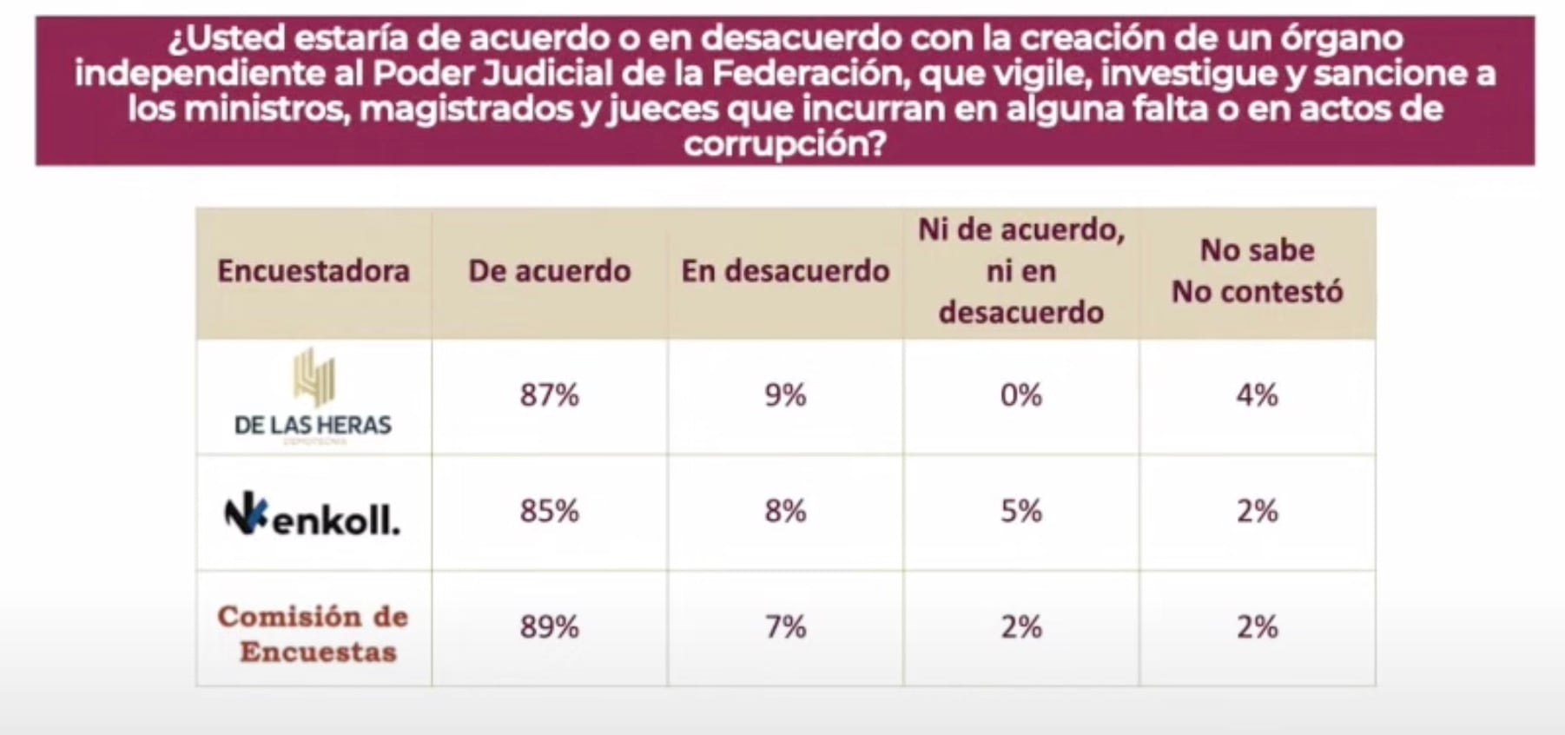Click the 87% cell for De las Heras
pyautogui.click(x=549, y=395)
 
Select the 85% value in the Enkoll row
pyautogui.click(x=549, y=511)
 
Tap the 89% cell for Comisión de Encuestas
pyautogui.click(x=549, y=626)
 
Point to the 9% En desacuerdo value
pyautogui.click(x=785, y=395)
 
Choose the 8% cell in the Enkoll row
pyautogui.click(x=785, y=511)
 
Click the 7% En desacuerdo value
pyautogui.click(x=785, y=626)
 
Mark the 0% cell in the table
pyautogui.click(x=1020, y=395)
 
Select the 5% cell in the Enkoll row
pyautogui.click(x=1020, y=511)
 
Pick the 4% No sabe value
pyautogui.click(x=1257, y=395)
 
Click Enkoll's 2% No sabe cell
pyautogui.click(x=1257, y=511)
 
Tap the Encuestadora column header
pyautogui.click(x=314, y=271)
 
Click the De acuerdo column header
pyautogui.click(x=549, y=271)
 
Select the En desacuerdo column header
pyautogui.click(x=785, y=271)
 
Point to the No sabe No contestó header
pyautogui.click(x=1257, y=271)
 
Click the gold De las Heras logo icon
pyautogui.click(x=314, y=377)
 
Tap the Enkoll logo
pyautogui.click(x=313, y=514)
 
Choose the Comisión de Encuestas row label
pyautogui.click(x=314, y=633)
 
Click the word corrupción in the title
pyautogui.click(x=784, y=143)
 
